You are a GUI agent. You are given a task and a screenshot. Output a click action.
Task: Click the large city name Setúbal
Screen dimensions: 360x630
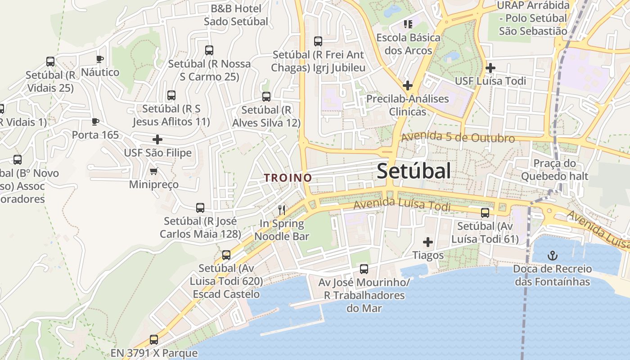[414, 171]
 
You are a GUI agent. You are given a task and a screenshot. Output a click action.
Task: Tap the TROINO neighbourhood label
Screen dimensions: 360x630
[288, 178]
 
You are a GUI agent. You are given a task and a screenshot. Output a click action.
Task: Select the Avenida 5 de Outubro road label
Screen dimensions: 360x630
[458, 137]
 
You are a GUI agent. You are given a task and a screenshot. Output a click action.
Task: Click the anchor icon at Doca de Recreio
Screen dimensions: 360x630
[552, 256]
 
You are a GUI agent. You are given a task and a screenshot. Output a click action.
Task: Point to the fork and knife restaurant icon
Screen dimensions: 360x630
[282, 210]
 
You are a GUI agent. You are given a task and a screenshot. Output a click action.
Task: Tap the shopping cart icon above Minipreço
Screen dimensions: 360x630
[154, 171]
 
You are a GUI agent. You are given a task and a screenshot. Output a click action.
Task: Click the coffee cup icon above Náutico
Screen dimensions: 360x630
[99, 59]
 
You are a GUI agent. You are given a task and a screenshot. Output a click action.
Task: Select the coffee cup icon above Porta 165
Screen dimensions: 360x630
[95, 121]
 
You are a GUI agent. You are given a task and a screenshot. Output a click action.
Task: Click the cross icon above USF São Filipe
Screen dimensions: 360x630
[157, 139]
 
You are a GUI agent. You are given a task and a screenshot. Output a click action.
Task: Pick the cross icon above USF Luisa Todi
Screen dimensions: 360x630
[490, 68]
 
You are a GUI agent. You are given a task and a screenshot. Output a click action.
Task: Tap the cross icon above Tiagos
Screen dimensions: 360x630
[428, 242]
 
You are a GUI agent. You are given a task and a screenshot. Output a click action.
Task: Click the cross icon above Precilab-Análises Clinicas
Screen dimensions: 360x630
[408, 85]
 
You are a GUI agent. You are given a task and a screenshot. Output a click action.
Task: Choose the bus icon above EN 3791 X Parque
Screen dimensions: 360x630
[154, 340]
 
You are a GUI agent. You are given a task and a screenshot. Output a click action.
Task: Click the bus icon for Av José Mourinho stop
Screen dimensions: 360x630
[364, 269]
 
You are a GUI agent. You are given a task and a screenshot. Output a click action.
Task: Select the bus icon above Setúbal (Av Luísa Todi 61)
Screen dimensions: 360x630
[485, 213]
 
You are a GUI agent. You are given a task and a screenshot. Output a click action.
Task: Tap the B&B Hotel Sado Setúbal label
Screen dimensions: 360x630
[236, 15]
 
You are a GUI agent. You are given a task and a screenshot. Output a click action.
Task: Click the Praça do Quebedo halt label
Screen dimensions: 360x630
[554, 170]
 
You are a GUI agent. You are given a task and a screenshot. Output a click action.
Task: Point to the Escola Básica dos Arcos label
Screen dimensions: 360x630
[408, 44]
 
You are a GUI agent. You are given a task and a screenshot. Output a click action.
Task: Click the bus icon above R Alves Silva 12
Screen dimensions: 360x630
[266, 97]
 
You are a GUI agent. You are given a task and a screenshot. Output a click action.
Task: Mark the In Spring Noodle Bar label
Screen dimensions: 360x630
[282, 230]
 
